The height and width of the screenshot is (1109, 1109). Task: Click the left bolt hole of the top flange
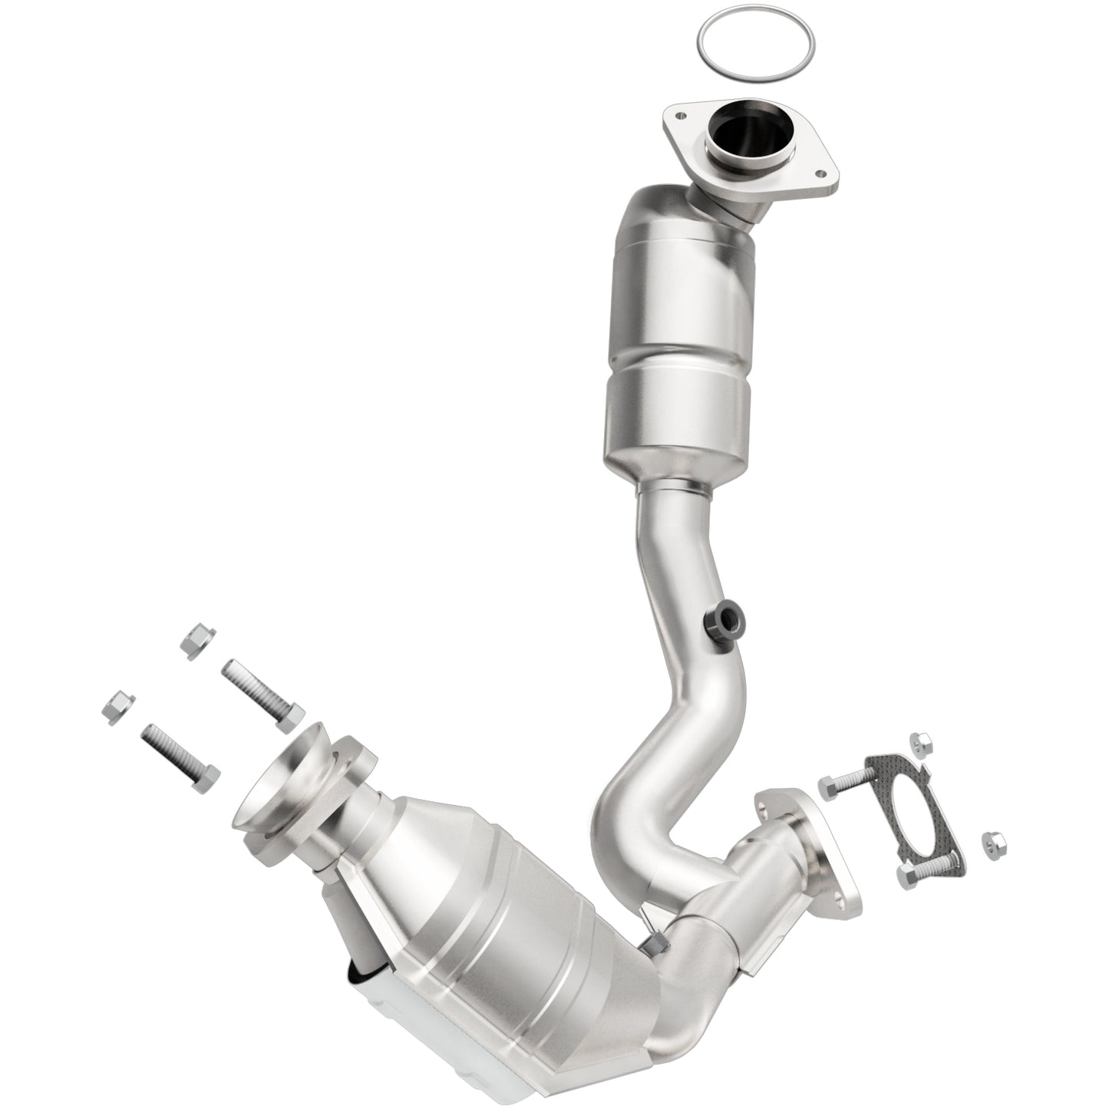pyautogui.click(x=678, y=117)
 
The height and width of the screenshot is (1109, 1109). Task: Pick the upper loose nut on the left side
pyautogui.click(x=198, y=639)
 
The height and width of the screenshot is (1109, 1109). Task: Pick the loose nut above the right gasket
pyautogui.click(x=919, y=742)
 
